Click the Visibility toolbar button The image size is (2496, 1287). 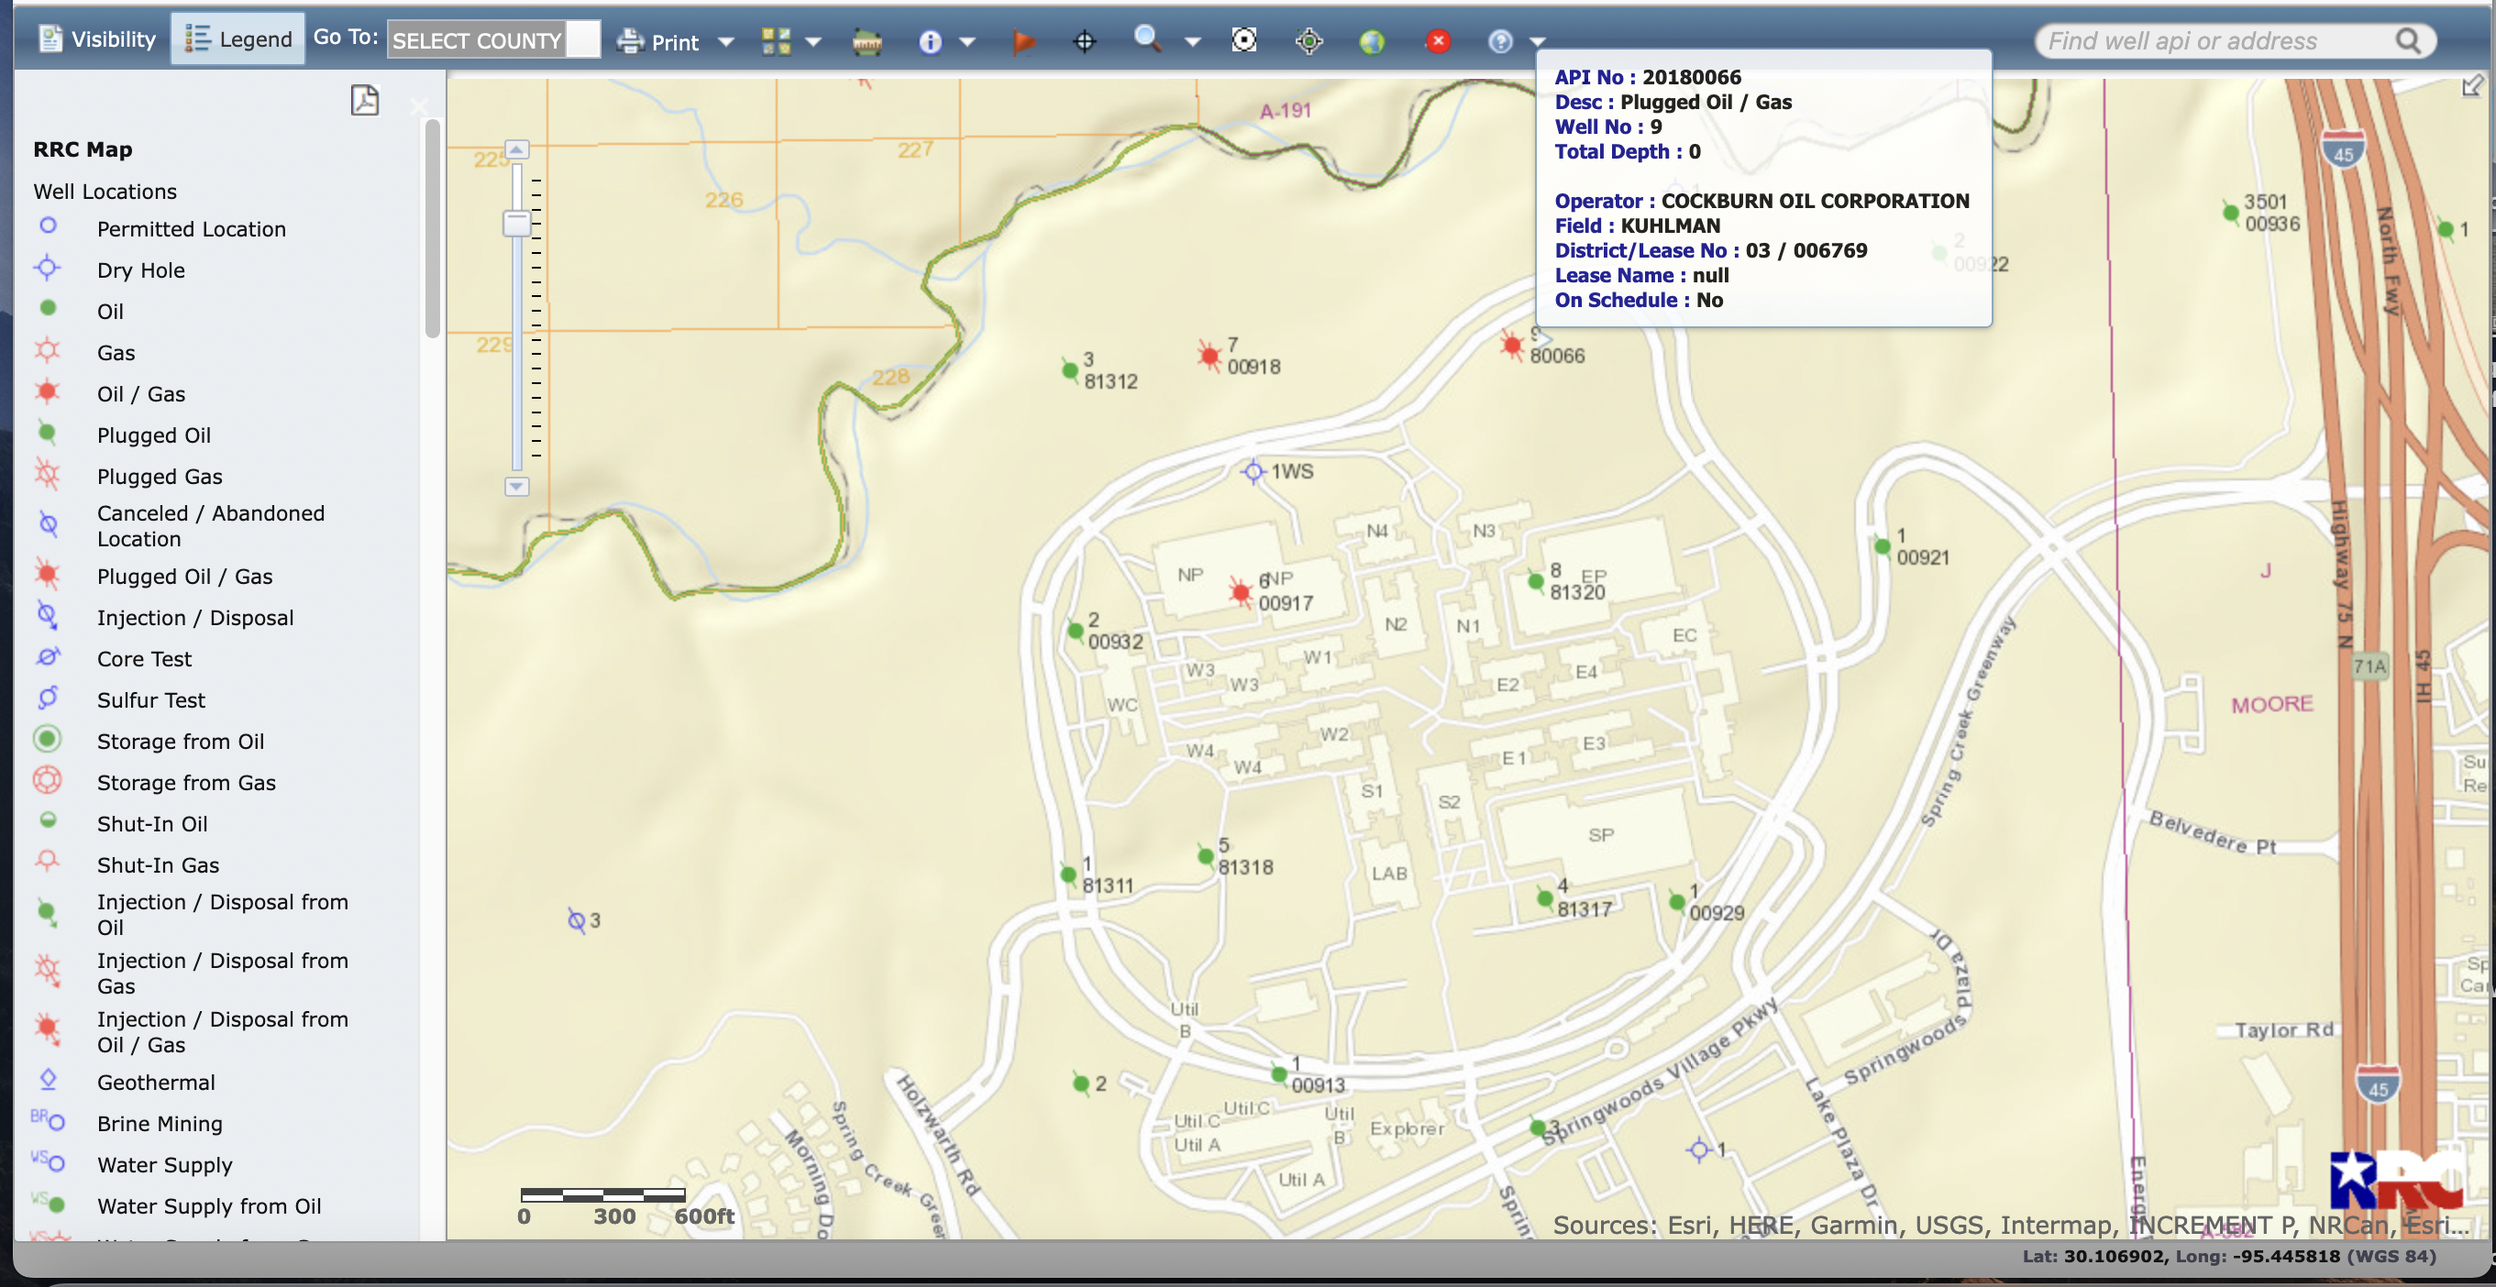98,38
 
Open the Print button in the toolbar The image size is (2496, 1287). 659,40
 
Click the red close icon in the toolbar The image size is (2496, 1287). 1438,40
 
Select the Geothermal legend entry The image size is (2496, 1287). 156,1082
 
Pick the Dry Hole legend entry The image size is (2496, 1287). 140,270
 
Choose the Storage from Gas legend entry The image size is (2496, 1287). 186,783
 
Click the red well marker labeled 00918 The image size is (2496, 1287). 1209,357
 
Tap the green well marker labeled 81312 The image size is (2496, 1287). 1070,369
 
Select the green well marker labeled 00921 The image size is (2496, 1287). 1882,546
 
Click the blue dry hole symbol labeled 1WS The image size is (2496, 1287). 1253,471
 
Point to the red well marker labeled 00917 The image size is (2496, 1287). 1241,591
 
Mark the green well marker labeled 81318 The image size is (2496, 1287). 1206,856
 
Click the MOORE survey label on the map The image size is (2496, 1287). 2271,704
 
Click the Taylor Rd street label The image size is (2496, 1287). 2284,1029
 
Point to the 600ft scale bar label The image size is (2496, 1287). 703,1216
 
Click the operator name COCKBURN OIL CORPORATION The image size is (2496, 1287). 1815,201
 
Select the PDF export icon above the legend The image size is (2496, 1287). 364,100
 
